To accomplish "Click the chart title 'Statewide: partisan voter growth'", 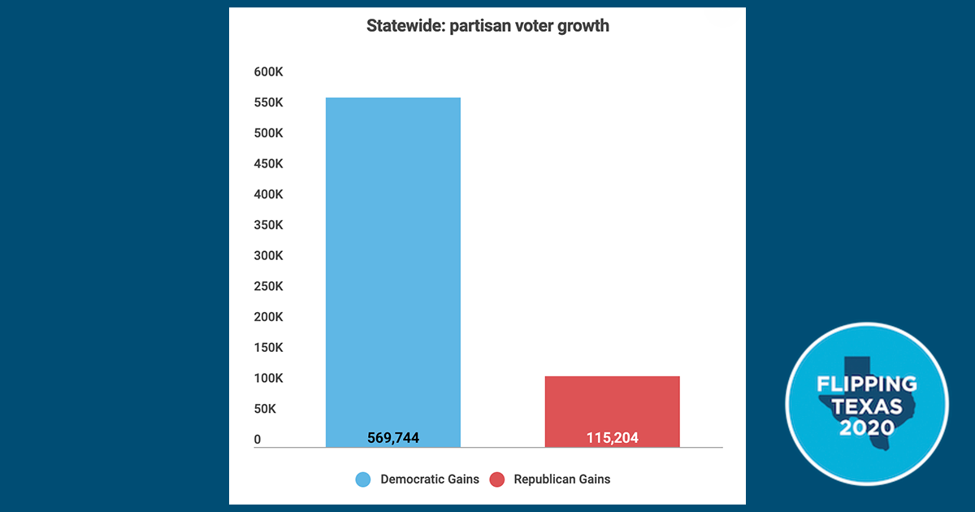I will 487,26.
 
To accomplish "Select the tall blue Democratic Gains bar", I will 393,268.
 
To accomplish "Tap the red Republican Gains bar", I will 612,410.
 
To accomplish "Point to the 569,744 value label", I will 393,438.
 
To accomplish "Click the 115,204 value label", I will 612,438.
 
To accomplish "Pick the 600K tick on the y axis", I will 268,72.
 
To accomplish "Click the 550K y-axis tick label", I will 268,103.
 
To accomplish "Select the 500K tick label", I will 268,133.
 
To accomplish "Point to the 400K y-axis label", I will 268,195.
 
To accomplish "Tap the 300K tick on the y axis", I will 268,256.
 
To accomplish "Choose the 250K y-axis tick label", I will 268,286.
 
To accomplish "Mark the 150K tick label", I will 268,348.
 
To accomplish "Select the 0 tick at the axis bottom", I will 258,440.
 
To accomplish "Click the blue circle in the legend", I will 364,479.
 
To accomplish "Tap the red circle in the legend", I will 497,479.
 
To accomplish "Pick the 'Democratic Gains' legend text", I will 430,479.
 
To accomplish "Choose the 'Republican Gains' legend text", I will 562,479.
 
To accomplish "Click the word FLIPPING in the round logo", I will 866,384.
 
